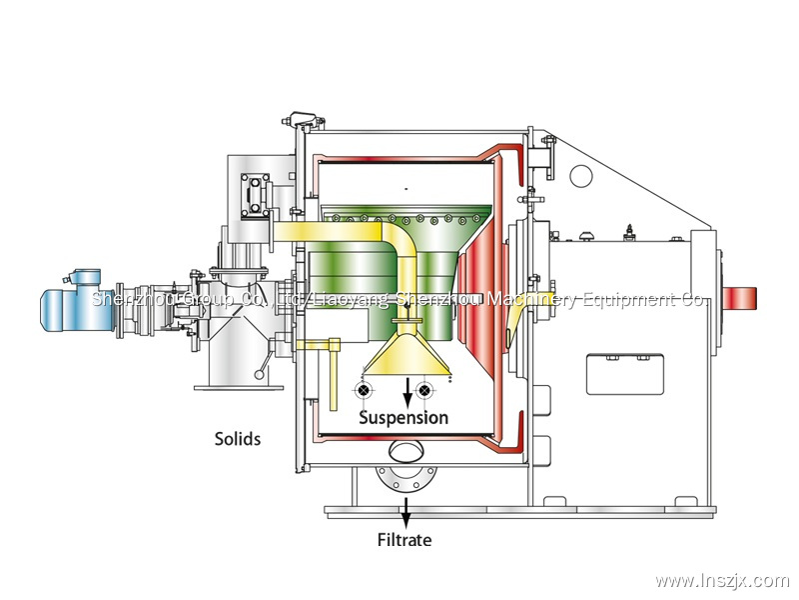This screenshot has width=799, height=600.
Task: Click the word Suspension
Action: tap(403, 418)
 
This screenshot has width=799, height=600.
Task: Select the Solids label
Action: tap(238, 438)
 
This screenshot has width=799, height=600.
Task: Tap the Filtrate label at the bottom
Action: tap(404, 541)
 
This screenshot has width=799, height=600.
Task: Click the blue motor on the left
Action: tap(75, 303)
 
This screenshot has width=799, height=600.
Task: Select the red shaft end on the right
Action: tap(740, 298)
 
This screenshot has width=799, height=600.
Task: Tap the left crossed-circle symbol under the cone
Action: tap(366, 389)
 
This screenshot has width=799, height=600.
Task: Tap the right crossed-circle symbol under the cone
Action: tap(426, 389)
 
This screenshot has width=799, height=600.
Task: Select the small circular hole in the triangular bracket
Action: tap(580, 176)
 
